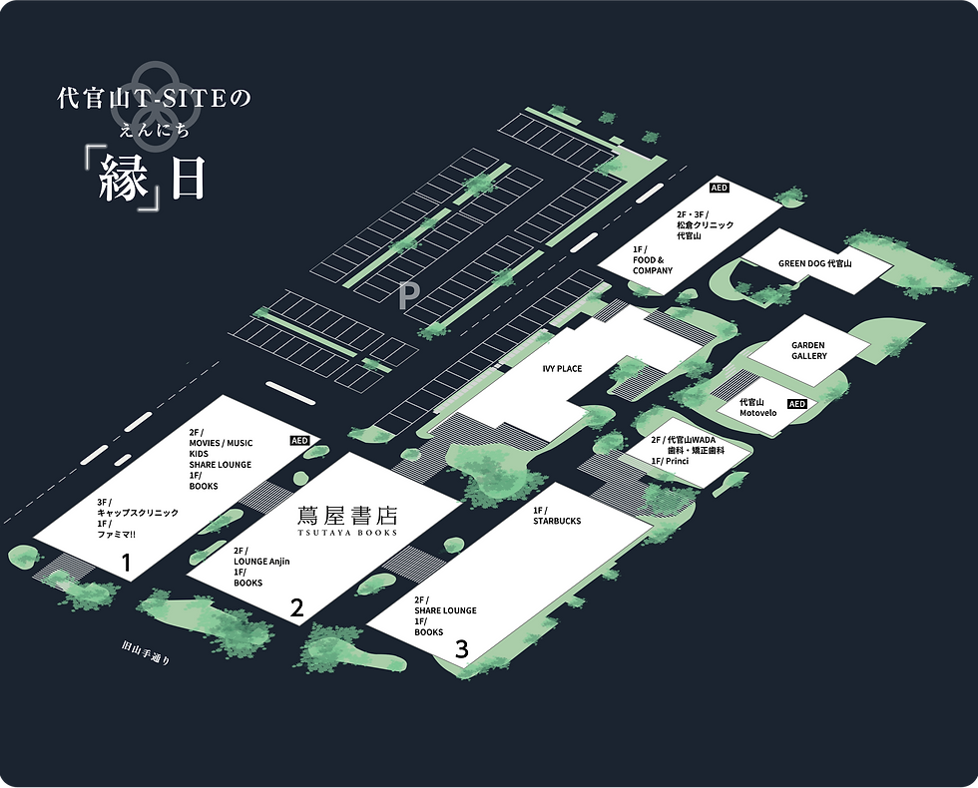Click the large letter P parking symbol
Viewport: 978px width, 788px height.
(407, 295)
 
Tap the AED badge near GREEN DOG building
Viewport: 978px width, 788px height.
(720, 188)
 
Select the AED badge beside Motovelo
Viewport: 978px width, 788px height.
(796, 404)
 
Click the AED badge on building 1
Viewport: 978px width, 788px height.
(299, 440)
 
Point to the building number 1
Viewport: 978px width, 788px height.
(126, 564)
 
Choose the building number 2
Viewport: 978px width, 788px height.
(296, 606)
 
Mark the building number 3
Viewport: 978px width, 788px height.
(461, 649)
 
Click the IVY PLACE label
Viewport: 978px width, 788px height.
(562, 369)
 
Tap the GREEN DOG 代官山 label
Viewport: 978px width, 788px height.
(815, 263)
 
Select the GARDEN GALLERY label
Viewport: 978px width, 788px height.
(809, 351)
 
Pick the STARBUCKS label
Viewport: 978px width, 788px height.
(557, 521)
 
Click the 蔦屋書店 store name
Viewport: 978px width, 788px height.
(347, 516)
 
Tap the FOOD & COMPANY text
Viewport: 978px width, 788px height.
(653, 265)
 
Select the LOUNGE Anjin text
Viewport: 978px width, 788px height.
(261, 562)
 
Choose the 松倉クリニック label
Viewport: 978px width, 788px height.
(705, 225)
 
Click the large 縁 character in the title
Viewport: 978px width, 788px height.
(124, 181)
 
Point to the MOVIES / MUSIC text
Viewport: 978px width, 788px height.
(221, 443)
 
